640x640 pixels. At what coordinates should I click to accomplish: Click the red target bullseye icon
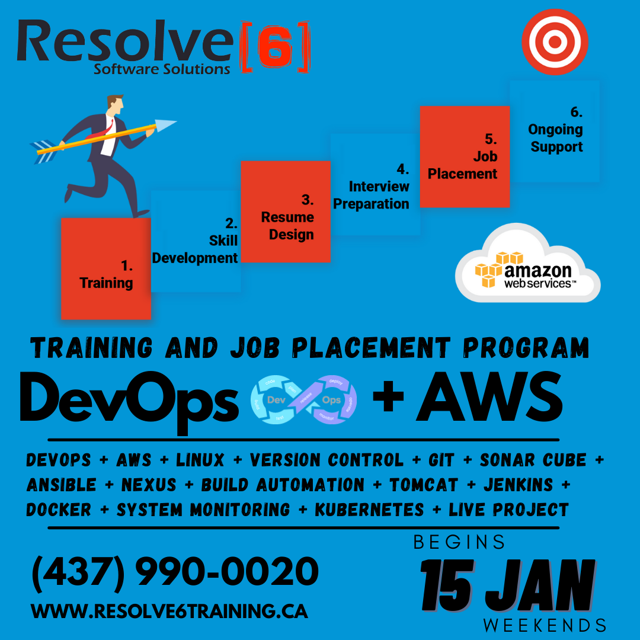555,42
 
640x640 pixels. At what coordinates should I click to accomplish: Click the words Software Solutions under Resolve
162,69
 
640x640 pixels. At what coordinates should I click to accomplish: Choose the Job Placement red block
465,157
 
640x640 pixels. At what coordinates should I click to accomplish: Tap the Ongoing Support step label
556,130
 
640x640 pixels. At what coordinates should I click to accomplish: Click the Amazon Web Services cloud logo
527,270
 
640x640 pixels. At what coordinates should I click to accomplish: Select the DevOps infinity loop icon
303,400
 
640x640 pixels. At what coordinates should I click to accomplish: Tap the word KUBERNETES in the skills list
369,510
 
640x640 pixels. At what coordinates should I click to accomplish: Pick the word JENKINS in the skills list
518,485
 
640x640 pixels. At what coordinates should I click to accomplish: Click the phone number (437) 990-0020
175,572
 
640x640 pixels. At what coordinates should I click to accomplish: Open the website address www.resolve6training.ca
169,611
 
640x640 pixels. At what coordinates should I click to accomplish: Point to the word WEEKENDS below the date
545,625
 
